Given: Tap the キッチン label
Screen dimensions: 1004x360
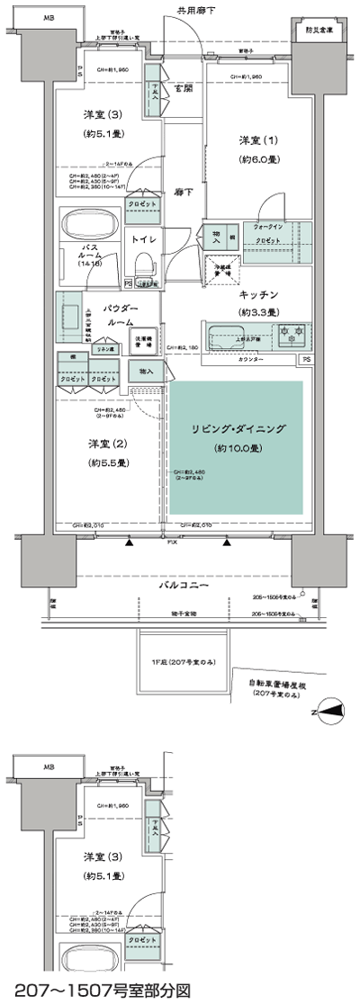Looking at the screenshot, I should tap(258, 294).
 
